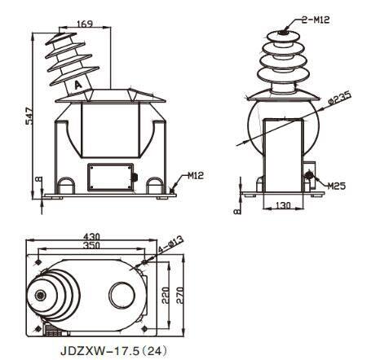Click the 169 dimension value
85,24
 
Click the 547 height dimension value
29,116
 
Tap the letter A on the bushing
78,86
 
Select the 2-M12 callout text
316,20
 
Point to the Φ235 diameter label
339,99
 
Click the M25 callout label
336,186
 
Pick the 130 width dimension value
283,205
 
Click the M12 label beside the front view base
196,175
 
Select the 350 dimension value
91,245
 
